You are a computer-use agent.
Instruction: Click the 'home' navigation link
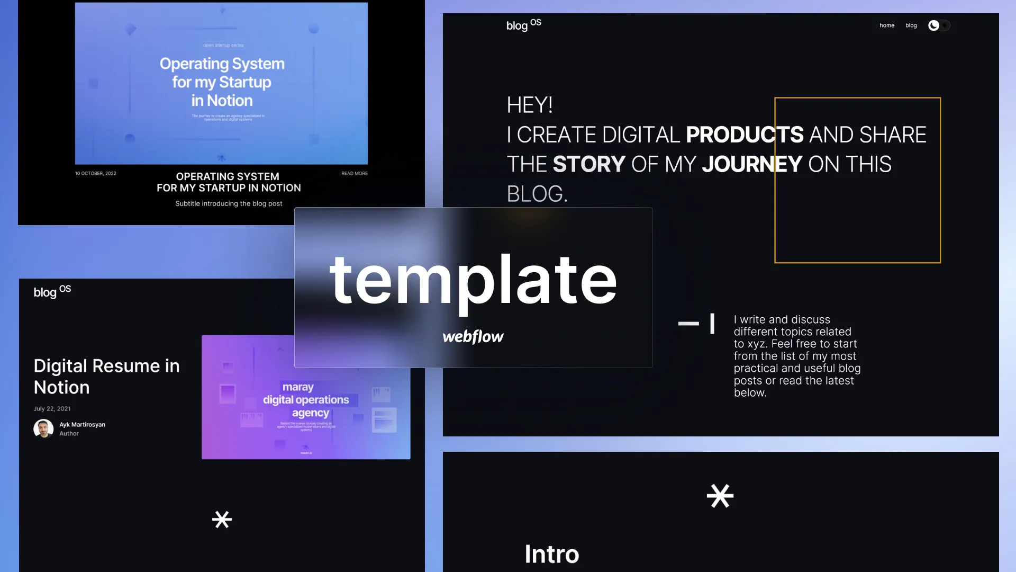887,25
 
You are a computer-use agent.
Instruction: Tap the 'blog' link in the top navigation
911,25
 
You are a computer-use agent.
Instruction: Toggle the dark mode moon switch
939,25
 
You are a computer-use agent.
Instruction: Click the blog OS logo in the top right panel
523,25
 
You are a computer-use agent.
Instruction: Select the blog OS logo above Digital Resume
52,291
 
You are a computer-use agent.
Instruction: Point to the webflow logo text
473,337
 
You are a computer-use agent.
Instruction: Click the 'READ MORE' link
354,173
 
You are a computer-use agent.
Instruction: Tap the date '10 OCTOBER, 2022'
96,173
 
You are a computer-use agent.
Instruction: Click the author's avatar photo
43,428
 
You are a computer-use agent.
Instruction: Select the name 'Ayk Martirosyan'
82,424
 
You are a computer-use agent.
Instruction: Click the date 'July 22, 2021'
52,408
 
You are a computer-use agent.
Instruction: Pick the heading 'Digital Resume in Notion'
106,376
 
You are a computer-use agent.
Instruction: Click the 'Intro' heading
551,554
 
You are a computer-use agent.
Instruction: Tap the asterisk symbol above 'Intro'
720,496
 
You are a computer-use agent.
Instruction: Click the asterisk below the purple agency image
222,520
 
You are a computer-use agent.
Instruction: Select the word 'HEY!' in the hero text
530,105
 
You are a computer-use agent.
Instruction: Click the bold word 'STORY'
589,164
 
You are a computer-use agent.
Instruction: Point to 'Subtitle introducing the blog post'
229,203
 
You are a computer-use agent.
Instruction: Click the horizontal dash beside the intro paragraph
688,323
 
